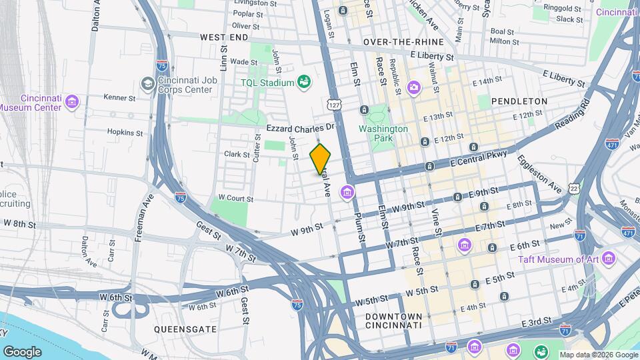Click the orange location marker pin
click(320, 159)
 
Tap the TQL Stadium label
click(267, 83)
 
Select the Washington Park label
click(383, 134)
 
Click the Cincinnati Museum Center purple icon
click(72, 102)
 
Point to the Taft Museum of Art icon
click(608, 258)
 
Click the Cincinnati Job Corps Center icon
click(147, 85)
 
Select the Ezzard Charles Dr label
click(299, 127)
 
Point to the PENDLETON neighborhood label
click(519, 101)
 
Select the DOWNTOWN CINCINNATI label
click(393, 321)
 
